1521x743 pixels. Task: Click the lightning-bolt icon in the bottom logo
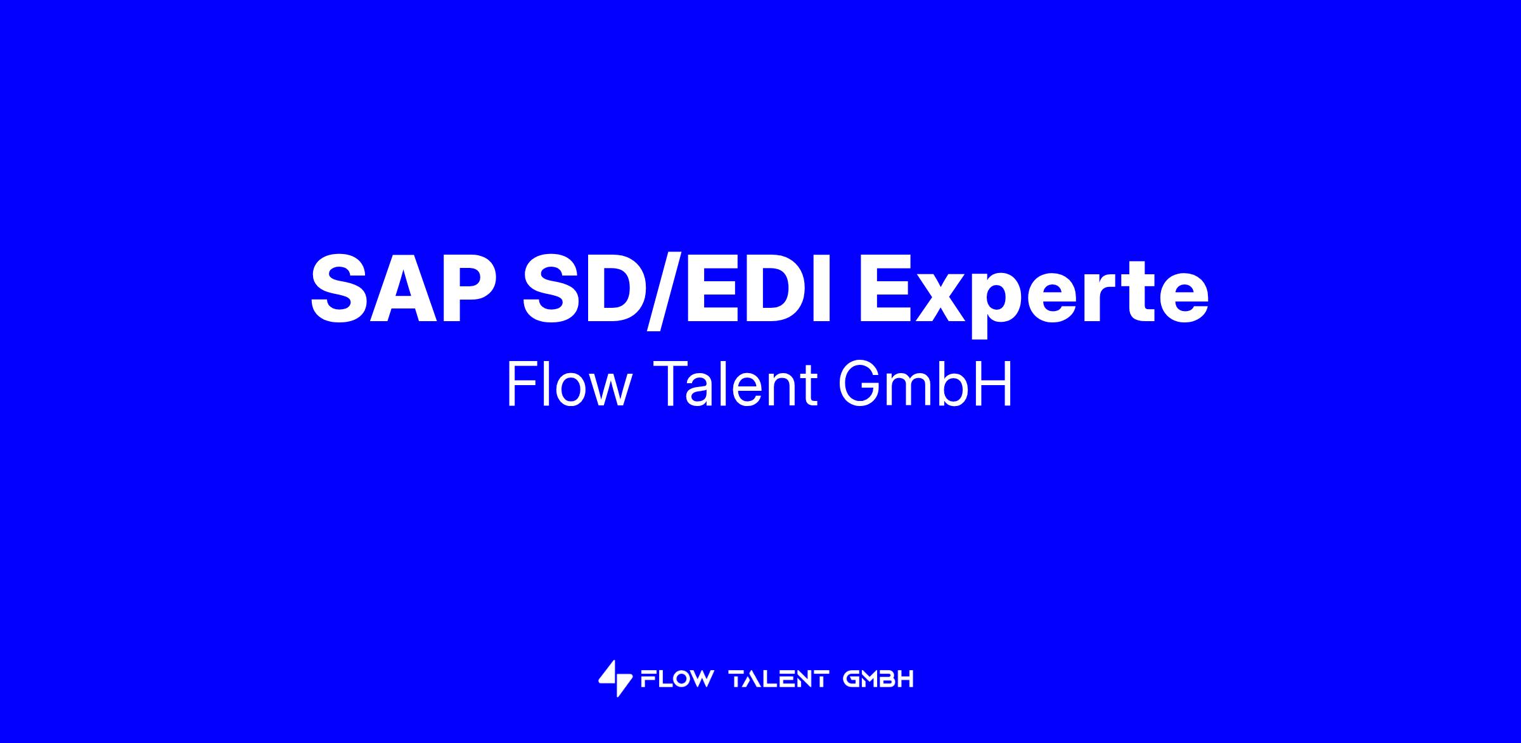[x=615, y=679]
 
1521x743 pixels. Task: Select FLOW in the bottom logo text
[x=677, y=680]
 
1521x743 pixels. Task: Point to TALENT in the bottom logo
[x=779, y=680]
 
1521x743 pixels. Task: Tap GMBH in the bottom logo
[x=878, y=680]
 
